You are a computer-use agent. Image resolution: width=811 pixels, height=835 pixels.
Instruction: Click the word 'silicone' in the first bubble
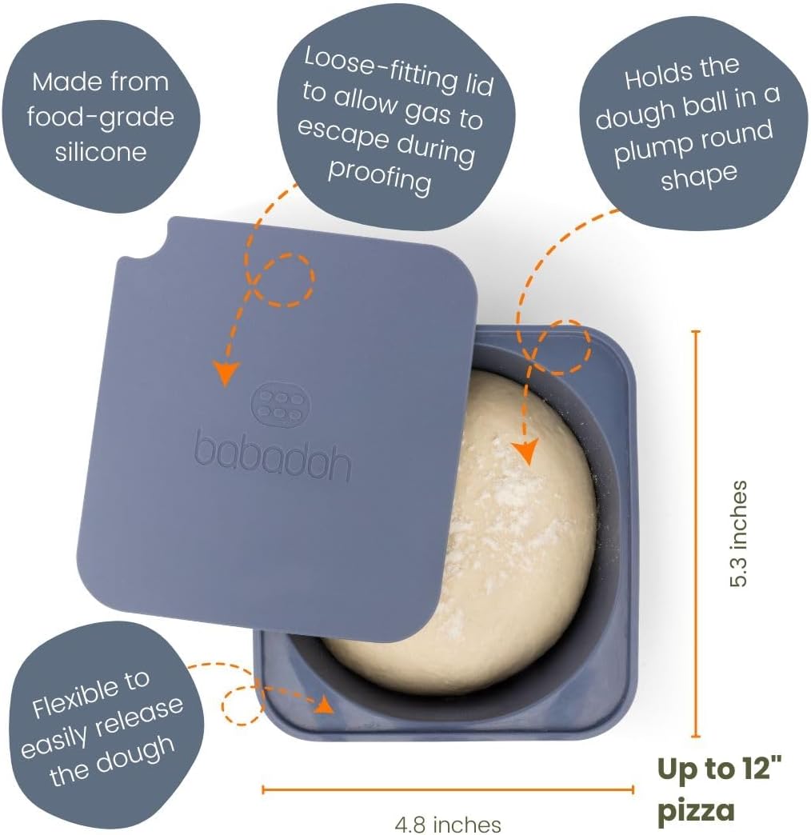101,152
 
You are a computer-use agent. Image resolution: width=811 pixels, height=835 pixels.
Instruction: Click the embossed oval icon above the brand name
278,403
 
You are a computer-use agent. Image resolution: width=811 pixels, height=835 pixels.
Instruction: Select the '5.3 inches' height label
738,533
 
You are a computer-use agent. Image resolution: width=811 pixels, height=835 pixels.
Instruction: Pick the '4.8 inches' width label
448,825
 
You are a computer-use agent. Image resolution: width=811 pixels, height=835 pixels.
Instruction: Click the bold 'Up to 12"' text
719,768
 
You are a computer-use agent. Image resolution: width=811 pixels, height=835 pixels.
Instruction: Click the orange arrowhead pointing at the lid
226,372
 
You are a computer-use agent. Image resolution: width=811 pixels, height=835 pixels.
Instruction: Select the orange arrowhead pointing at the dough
525,451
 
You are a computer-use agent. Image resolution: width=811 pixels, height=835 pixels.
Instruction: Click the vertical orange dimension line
696,533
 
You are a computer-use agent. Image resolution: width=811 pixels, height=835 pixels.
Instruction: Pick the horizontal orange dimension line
448,789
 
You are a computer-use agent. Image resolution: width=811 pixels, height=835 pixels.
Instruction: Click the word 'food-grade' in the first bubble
101,118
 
